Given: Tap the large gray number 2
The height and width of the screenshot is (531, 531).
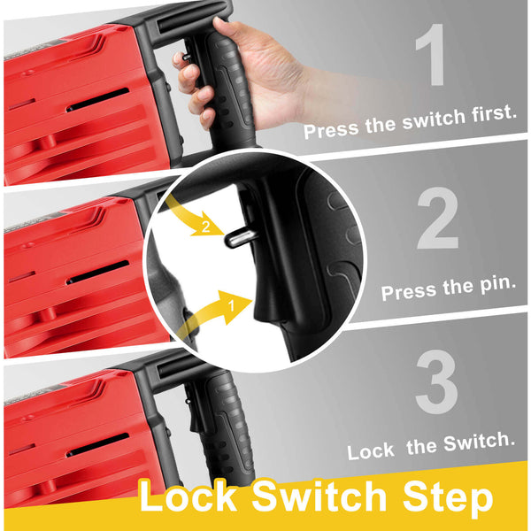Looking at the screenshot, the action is click(x=437, y=218).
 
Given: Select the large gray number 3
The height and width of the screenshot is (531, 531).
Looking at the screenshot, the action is click(x=437, y=382).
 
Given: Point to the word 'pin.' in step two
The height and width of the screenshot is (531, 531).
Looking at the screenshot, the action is click(x=497, y=285).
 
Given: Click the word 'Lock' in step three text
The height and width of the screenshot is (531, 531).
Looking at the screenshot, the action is click(x=371, y=451).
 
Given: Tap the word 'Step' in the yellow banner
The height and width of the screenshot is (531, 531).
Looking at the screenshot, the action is click(x=448, y=498).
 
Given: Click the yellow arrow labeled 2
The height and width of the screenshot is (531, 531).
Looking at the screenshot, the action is click(x=191, y=218).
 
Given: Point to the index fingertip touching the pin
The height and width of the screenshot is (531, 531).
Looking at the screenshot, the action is click(x=179, y=59).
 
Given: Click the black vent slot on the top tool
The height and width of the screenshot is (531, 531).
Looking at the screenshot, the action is click(x=97, y=99).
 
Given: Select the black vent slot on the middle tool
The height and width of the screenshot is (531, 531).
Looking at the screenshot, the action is click(x=97, y=273).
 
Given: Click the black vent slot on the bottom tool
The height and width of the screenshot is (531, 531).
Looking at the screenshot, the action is click(x=97, y=445).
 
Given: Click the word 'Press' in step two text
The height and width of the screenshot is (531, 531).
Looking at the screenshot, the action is click(x=409, y=292).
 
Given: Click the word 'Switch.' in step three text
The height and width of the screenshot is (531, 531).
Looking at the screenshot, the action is click(x=480, y=442).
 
